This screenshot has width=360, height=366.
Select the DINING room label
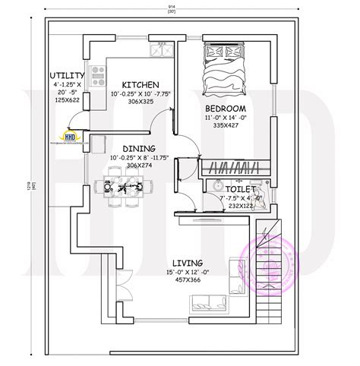tap(135, 149)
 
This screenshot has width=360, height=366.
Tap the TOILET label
tap(241, 187)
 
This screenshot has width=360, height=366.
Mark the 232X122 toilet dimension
tap(241, 205)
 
